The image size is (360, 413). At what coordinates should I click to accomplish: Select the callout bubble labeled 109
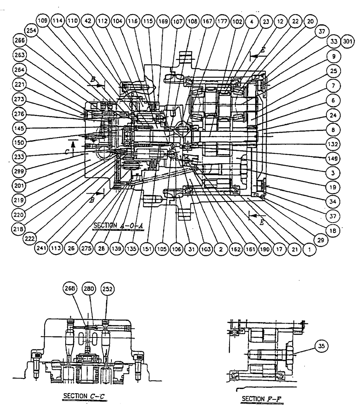(x=43, y=20)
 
